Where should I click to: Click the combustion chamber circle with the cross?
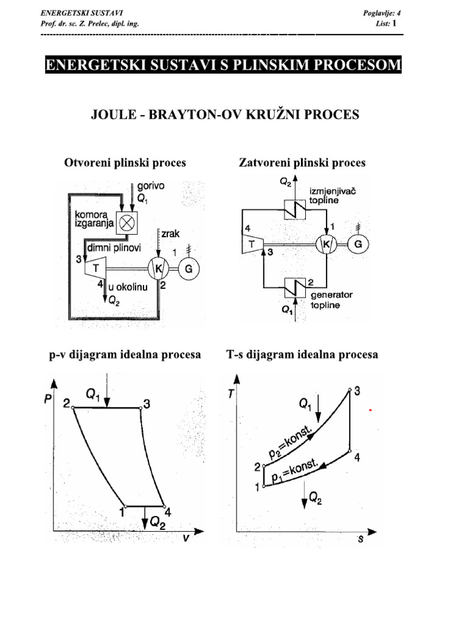128,223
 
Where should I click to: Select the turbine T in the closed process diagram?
251,244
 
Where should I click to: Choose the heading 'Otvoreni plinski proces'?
125,162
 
